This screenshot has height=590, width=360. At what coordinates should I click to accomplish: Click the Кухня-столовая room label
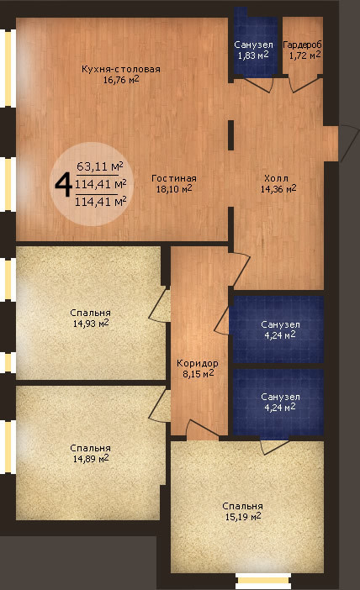pyautogui.click(x=121, y=69)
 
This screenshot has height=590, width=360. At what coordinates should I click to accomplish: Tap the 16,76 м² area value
pyautogui.click(x=121, y=79)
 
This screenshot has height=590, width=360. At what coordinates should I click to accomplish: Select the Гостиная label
pyautogui.click(x=174, y=178)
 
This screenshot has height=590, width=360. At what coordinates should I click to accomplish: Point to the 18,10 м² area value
pyautogui.click(x=174, y=188)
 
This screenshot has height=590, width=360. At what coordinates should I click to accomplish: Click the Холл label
pyautogui.click(x=276, y=178)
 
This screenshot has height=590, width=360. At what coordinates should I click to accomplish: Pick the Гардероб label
pyautogui.click(x=303, y=45)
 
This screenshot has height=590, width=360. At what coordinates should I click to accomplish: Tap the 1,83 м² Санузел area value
pyautogui.click(x=253, y=55)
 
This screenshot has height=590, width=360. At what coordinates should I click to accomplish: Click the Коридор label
pyautogui.click(x=198, y=363)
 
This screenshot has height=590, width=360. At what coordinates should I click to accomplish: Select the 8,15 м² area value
pyautogui.click(x=198, y=374)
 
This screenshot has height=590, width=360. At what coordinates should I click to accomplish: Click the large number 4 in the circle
pyautogui.click(x=64, y=185)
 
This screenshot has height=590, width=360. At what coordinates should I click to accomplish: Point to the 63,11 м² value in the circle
pyautogui.click(x=100, y=166)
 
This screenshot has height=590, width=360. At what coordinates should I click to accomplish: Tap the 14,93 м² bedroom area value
pyautogui.click(x=91, y=324)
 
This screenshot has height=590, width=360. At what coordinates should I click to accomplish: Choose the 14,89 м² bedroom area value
pyautogui.click(x=91, y=459)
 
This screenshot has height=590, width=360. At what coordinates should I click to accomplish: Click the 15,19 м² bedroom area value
pyautogui.click(x=243, y=517)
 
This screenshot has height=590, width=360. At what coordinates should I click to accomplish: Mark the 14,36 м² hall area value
pyautogui.click(x=278, y=188)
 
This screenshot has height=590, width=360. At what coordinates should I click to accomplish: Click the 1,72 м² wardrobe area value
pyautogui.click(x=305, y=55)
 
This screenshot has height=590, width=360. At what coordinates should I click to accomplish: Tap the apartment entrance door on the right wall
pyautogui.click(x=349, y=144)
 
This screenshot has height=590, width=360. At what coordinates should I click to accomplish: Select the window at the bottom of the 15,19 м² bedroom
pyautogui.click(x=263, y=582)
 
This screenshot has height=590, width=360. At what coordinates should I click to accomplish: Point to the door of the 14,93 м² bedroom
pyautogui.click(x=159, y=305)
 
